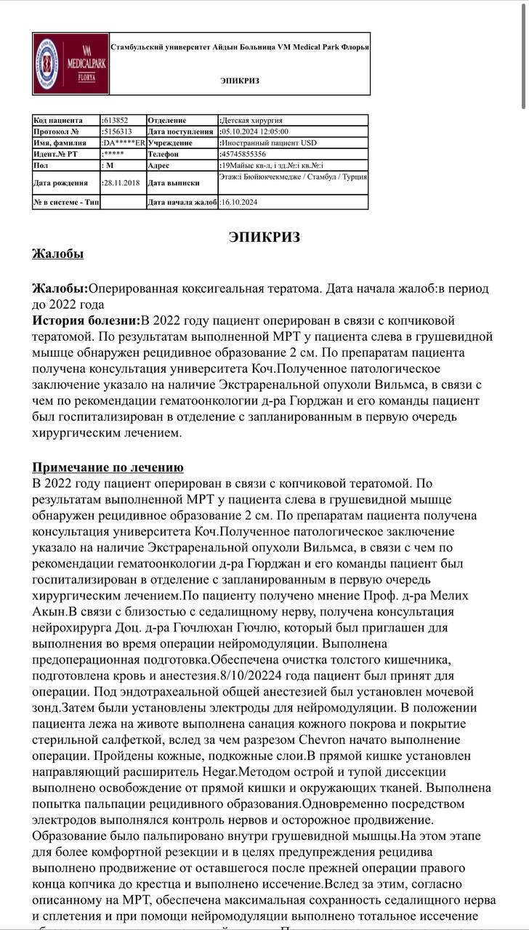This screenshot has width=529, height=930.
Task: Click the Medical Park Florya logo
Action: [70, 64]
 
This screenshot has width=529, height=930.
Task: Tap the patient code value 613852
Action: [116, 120]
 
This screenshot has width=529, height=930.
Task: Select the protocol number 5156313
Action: [118, 132]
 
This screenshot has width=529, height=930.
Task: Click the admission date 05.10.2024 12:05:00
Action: [254, 132]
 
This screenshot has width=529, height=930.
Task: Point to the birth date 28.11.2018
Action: [121, 182]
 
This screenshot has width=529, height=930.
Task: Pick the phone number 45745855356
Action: [243, 154]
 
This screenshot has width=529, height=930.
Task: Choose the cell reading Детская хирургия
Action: [251, 120]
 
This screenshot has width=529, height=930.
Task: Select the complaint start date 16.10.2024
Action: [239, 202]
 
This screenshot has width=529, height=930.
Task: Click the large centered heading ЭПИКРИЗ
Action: [264, 237]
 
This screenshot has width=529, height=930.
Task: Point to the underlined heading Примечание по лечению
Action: [108, 467]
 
